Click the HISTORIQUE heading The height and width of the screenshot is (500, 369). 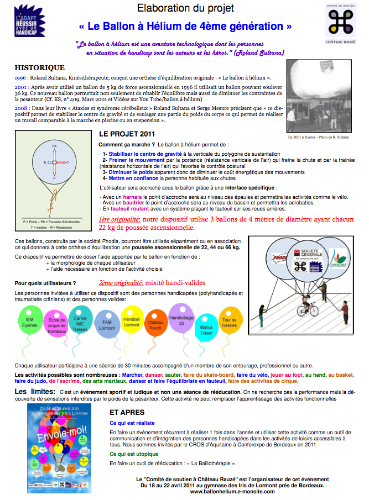[x=40, y=67]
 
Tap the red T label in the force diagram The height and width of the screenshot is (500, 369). [x=67, y=163]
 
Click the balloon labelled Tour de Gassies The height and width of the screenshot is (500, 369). [x=229, y=323]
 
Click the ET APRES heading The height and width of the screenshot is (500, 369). [x=127, y=412]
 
